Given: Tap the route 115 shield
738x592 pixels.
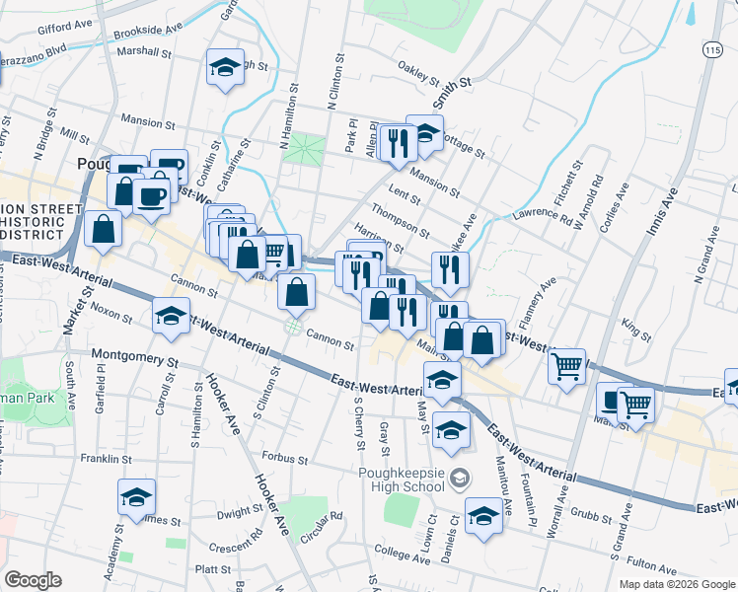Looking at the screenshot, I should click(x=712, y=48).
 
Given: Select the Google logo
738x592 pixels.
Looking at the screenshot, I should click(x=32, y=580).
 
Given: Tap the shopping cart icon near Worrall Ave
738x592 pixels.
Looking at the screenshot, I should click(x=567, y=366).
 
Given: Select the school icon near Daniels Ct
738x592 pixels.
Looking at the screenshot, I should click(x=483, y=517).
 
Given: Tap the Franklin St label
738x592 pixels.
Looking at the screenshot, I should click(x=107, y=459).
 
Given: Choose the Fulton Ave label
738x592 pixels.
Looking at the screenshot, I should click(x=650, y=566).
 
